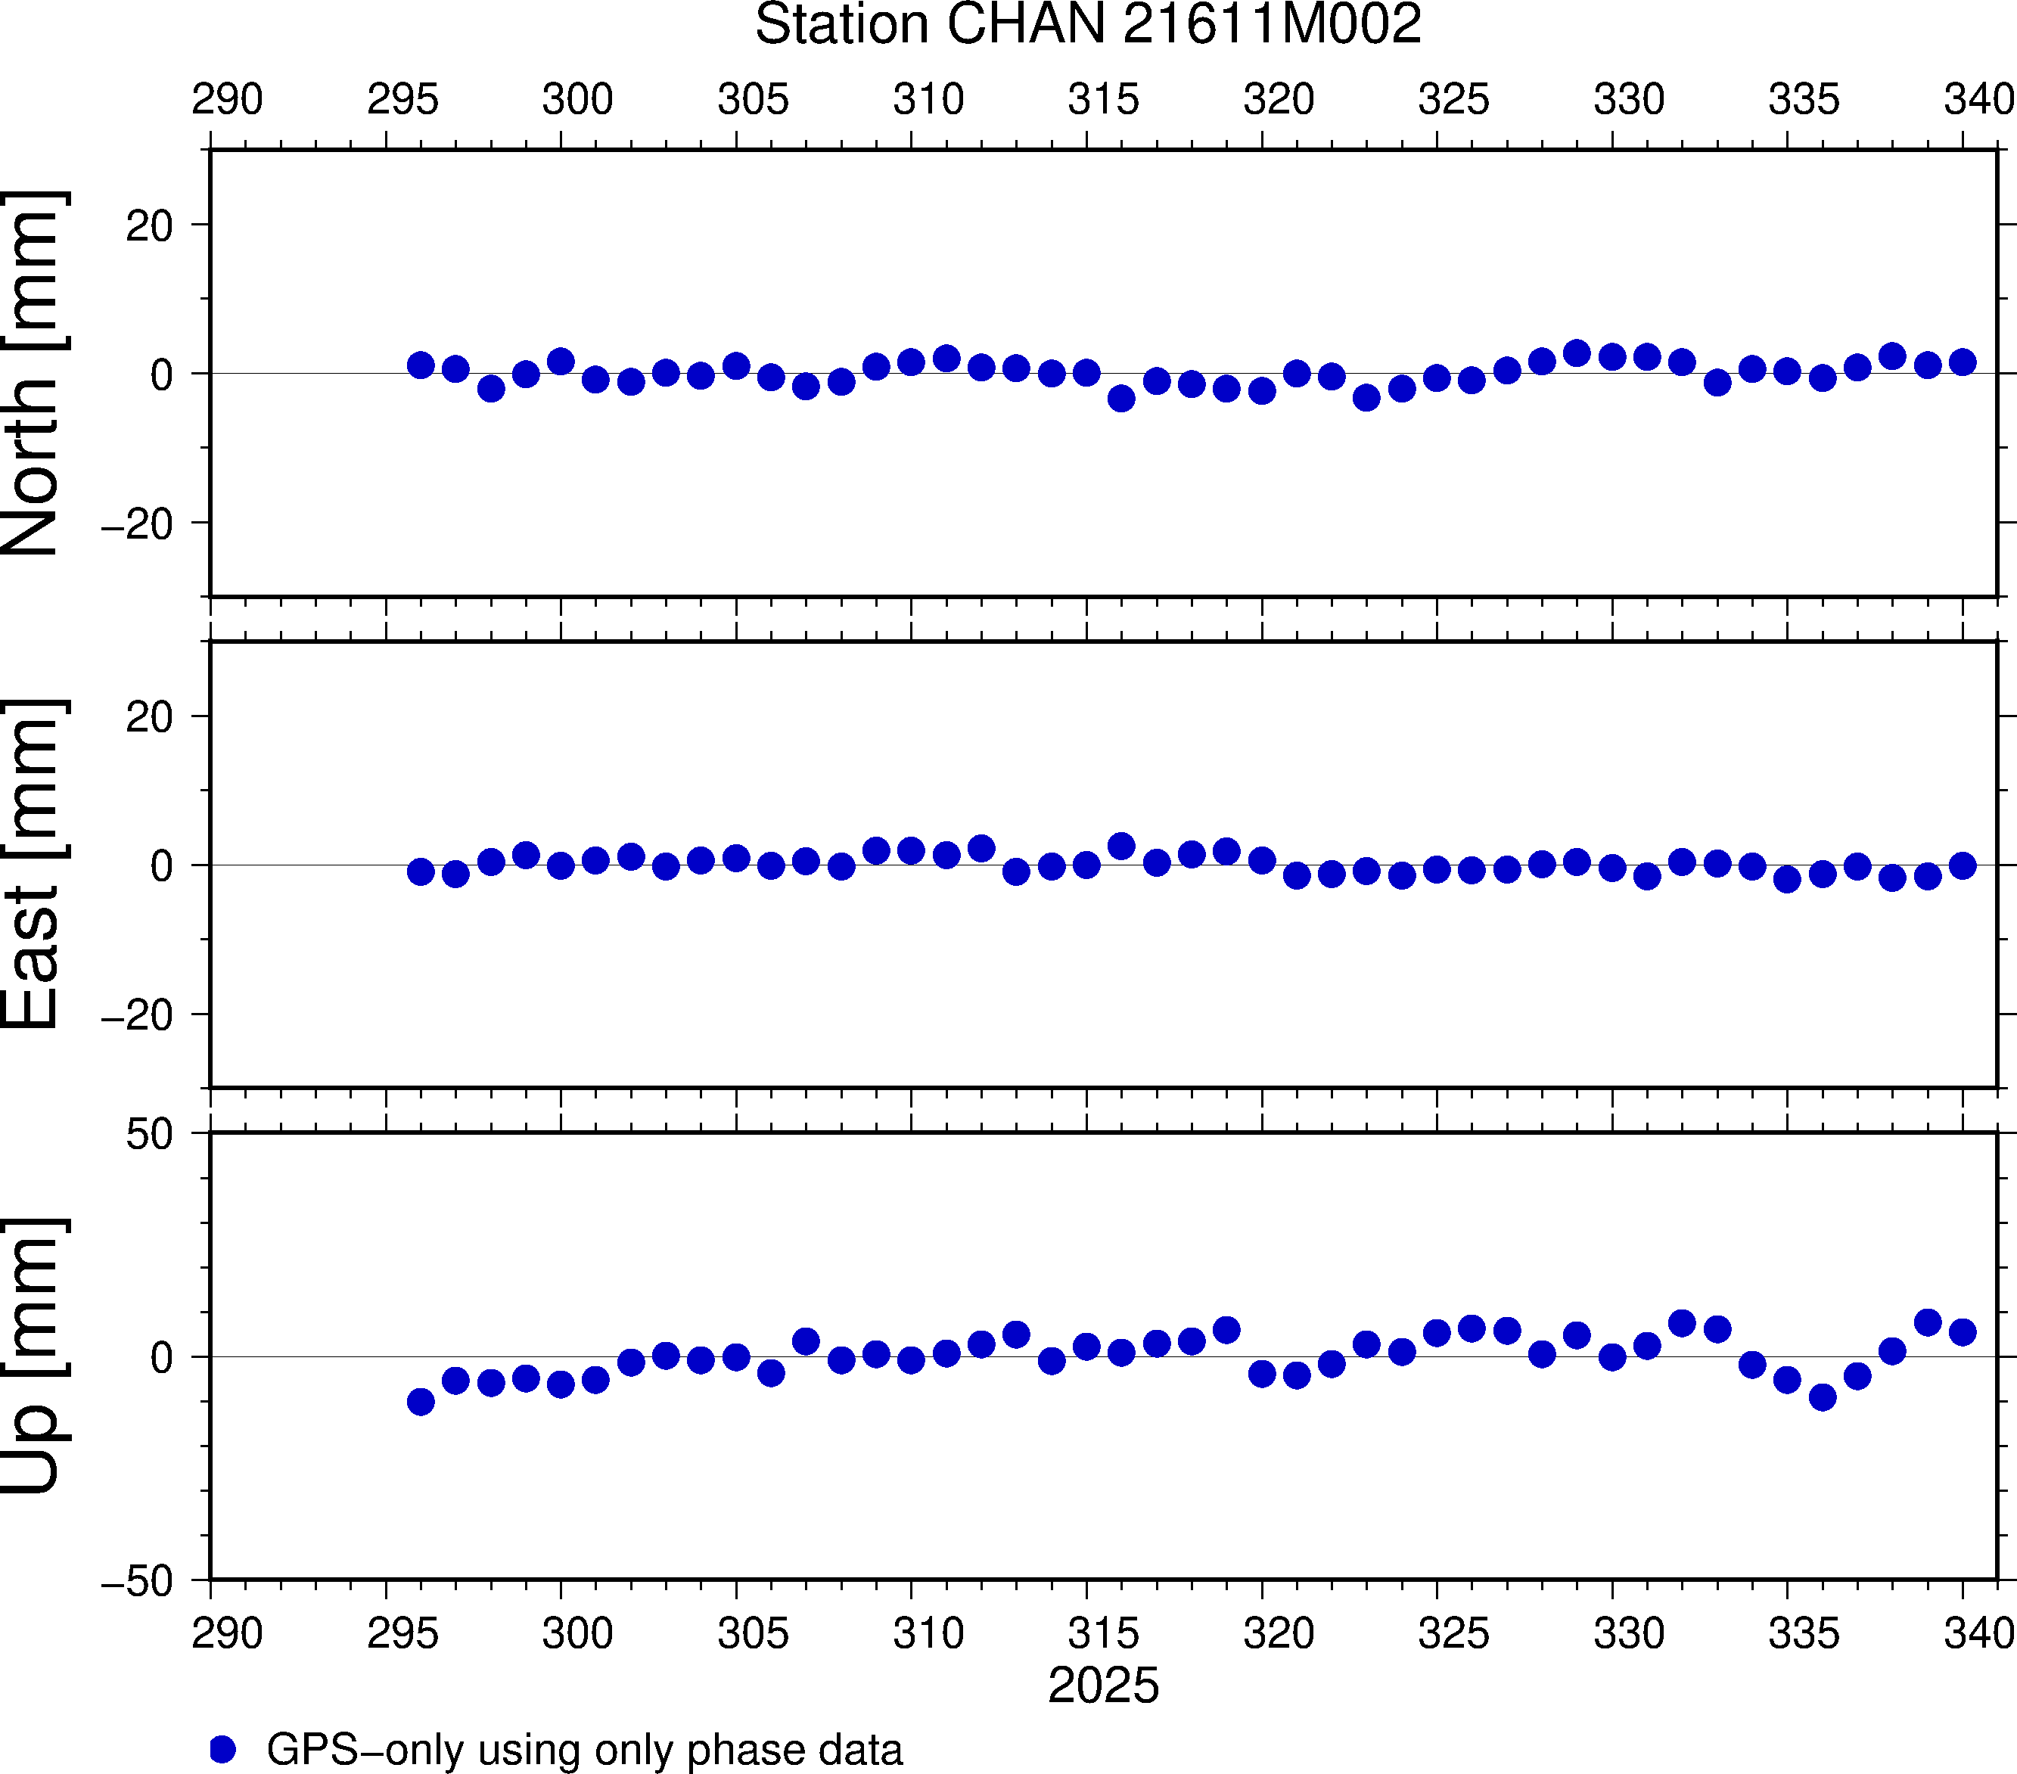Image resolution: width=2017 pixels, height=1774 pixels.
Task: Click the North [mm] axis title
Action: point(32,373)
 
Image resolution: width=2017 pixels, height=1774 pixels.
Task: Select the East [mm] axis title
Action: point(32,865)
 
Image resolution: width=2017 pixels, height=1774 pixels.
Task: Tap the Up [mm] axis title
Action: point(32,1356)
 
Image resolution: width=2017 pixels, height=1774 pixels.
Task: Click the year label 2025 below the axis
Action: point(1103,1685)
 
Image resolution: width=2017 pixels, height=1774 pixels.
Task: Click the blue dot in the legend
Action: point(223,1749)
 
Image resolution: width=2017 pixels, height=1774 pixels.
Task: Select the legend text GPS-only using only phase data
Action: point(584,1749)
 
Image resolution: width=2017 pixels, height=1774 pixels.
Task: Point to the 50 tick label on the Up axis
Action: point(149,1135)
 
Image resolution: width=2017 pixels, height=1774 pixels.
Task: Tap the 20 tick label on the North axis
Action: point(149,226)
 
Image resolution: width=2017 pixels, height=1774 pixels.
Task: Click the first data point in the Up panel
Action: point(421,1401)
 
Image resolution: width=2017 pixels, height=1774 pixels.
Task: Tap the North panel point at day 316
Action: point(1121,399)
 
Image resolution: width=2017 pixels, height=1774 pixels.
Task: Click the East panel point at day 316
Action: point(1121,847)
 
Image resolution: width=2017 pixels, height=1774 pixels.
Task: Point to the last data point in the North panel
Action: point(1963,362)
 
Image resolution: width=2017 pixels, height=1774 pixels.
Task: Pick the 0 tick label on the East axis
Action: point(162,866)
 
